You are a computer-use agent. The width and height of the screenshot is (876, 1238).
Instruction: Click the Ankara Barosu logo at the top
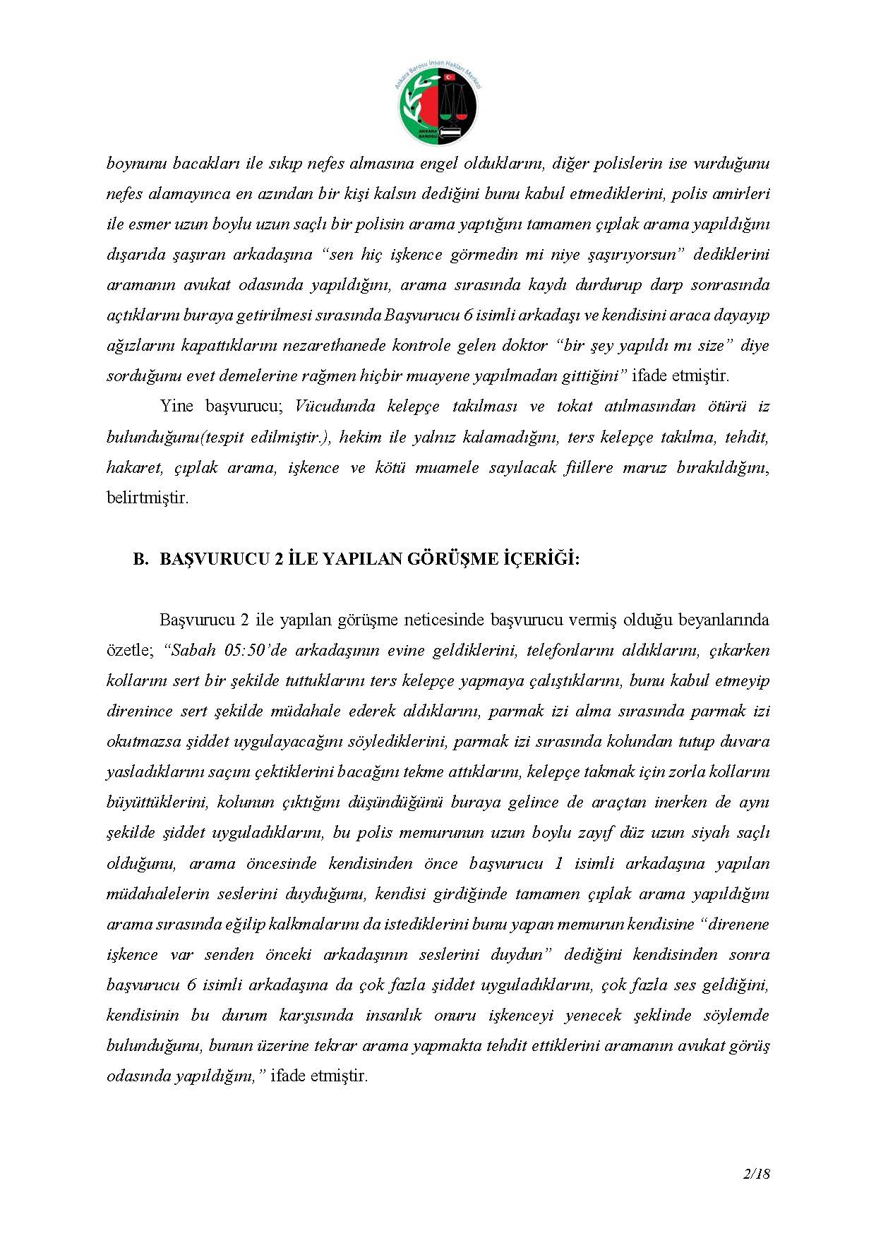tap(438, 104)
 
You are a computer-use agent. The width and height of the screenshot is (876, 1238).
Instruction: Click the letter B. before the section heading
tap(141, 559)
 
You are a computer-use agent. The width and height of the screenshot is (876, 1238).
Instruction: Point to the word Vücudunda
tap(335, 407)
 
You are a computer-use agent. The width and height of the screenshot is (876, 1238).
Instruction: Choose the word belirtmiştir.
tap(148, 498)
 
